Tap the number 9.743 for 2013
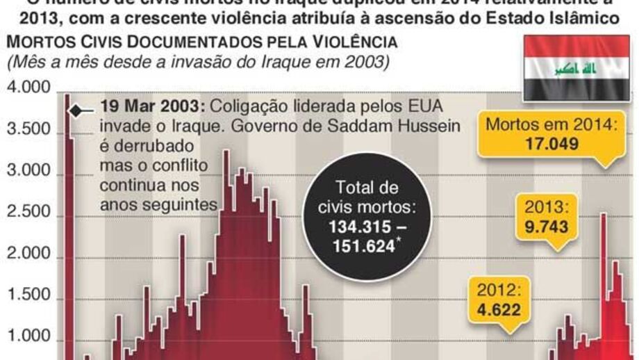tap(547, 227)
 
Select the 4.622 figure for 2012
tap(498, 310)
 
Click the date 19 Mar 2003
tap(151, 108)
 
